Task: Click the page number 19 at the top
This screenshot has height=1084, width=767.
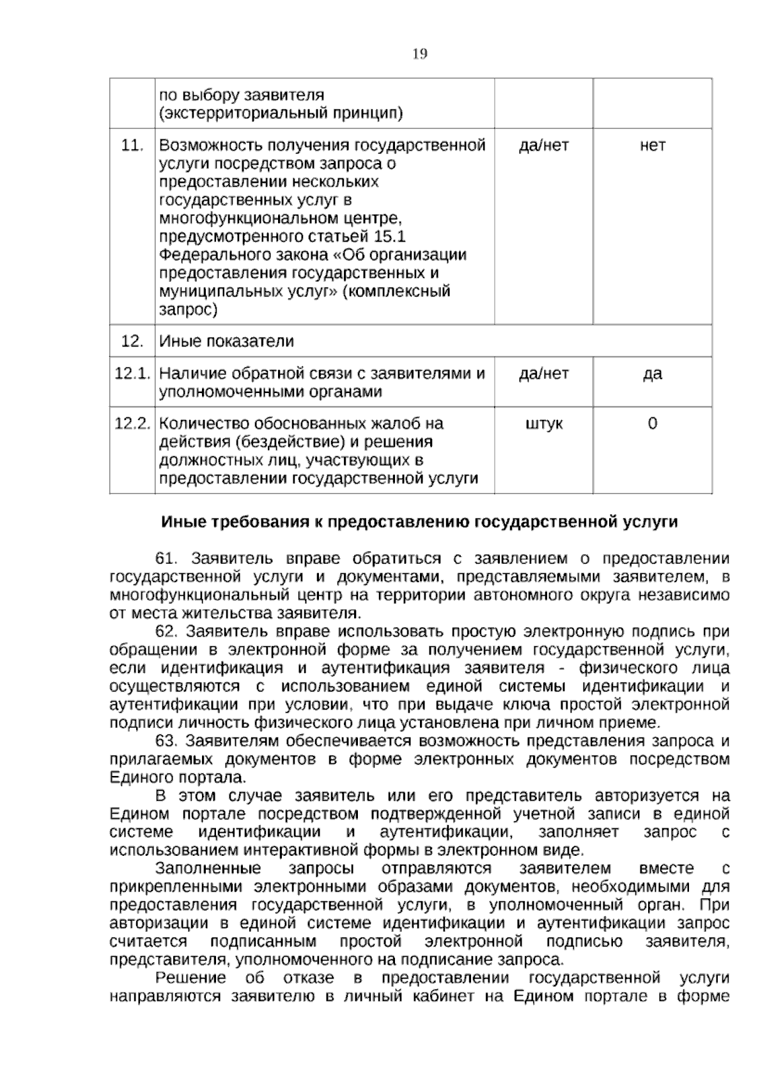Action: [x=420, y=54]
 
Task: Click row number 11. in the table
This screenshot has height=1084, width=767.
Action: [x=132, y=145]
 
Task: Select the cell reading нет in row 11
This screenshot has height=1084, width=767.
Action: [x=652, y=145]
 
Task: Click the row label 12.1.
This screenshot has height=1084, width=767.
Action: [x=132, y=373]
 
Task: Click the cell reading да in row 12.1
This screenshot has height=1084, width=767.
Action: [x=652, y=373]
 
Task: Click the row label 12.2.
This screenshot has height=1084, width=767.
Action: [x=132, y=423]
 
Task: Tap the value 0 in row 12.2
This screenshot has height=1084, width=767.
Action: [x=652, y=423]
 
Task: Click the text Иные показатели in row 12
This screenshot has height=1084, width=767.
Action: [x=226, y=341]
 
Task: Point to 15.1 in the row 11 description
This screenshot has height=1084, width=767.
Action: [x=389, y=237]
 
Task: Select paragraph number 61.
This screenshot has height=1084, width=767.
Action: [x=169, y=559]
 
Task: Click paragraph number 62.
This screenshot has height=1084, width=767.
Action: [x=169, y=631]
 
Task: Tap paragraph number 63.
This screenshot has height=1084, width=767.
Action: [x=169, y=741]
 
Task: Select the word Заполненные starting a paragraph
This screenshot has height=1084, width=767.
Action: [x=208, y=869]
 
